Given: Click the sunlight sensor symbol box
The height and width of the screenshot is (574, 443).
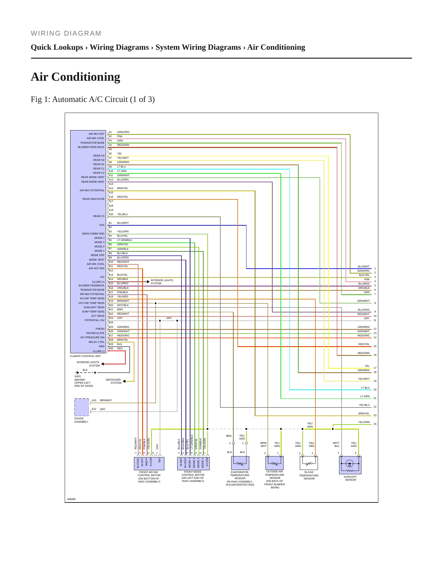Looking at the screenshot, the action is click(350, 465).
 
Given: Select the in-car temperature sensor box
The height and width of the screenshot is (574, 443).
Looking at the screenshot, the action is click(309, 463).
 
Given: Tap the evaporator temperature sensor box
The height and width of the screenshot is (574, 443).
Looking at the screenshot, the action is click(240, 463).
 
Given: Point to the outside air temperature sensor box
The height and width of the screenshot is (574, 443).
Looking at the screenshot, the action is click(274, 463).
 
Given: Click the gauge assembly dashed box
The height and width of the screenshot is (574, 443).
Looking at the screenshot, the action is click(82, 407).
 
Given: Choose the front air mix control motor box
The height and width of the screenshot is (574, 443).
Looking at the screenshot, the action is click(149, 463).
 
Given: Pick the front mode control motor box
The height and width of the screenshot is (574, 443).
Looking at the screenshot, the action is click(193, 463).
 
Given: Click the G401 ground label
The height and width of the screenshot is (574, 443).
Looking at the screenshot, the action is click(78, 376).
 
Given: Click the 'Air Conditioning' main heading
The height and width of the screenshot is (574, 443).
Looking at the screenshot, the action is click(75, 77).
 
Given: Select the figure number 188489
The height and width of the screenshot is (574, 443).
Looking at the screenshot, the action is click(71, 499).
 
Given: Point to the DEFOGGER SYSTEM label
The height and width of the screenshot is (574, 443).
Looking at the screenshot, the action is click(113, 381).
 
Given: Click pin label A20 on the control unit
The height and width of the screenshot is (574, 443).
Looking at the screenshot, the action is click(111, 214).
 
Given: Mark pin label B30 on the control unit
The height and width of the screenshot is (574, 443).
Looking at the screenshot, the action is click(111, 348).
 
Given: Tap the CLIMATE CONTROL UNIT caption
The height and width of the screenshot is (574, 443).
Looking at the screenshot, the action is click(86, 356).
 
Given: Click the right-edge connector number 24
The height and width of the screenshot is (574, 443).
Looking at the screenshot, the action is click(375, 424).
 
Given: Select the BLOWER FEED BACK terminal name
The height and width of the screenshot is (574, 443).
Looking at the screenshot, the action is click(91, 147).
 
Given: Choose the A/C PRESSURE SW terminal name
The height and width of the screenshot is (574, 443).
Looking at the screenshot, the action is click(92, 337).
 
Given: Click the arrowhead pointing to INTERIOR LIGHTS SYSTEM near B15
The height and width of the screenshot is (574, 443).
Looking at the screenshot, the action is click(148, 281).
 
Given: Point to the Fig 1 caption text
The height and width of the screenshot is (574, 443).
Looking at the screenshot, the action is click(93, 99).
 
